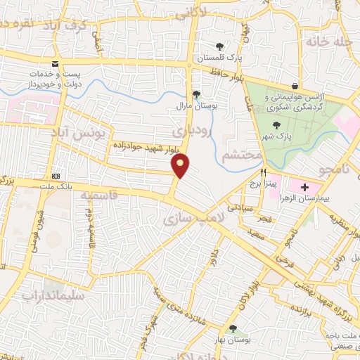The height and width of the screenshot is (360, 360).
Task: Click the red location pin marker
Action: (180, 166)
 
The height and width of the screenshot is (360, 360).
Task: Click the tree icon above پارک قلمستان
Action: (219, 46)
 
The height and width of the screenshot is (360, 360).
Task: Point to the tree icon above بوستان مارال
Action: (196, 94)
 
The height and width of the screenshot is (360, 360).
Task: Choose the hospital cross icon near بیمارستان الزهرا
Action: (304, 187)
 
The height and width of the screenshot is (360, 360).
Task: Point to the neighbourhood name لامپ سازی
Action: (193, 219)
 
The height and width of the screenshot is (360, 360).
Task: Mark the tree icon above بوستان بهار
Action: (233, 328)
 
